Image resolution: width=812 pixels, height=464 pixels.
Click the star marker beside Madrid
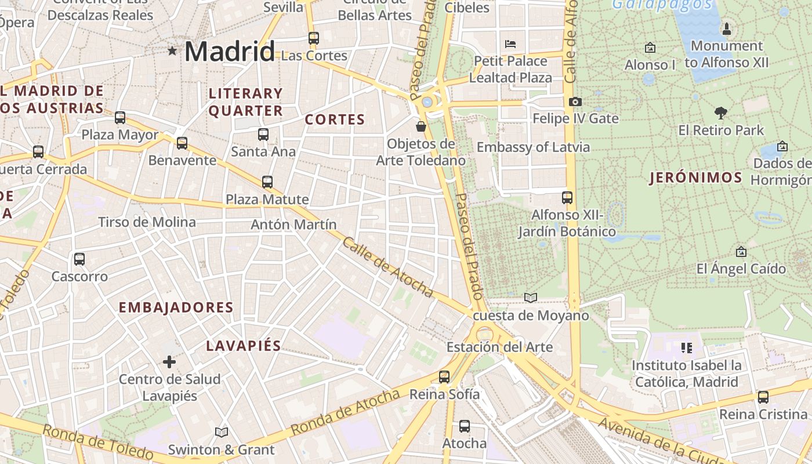tap(172, 51)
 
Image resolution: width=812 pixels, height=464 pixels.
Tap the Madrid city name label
tap(230, 52)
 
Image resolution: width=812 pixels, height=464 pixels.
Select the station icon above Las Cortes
tap(314, 38)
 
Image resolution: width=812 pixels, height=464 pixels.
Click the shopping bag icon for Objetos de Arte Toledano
tap(421, 126)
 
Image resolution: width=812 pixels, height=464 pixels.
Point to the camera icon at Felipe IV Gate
tap(575, 102)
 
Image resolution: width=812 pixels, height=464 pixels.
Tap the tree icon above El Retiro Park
tap(721, 113)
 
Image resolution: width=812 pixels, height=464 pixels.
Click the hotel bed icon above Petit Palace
tap(510, 44)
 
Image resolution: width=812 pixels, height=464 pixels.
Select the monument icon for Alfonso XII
tap(726, 28)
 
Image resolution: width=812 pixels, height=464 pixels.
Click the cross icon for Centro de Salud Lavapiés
tap(169, 362)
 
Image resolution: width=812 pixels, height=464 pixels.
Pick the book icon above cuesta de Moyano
tap(530, 298)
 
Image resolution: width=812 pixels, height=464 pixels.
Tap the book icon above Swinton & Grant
tap(221, 432)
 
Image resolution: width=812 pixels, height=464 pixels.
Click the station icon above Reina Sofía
tap(444, 377)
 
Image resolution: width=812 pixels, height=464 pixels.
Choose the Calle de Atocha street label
tap(387, 267)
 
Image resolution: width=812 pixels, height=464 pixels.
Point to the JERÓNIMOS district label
tap(695, 177)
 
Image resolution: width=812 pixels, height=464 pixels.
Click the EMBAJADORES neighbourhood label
tap(176, 307)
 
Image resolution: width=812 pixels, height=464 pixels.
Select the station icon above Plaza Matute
tap(267, 182)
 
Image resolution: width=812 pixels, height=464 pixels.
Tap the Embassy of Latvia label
tap(533, 147)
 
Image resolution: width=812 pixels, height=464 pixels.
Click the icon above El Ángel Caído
tap(741, 252)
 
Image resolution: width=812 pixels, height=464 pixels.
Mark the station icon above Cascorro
tap(79, 259)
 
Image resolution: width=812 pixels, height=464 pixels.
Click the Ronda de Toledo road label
tap(97, 442)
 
